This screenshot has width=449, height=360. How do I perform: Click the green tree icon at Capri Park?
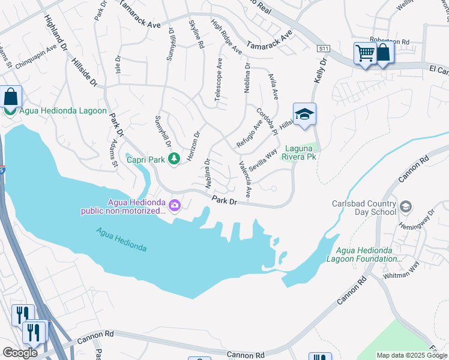click(x=174, y=159)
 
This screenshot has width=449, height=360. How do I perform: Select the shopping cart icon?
click(x=365, y=53)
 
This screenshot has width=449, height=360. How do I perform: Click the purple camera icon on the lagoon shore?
click(x=175, y=206)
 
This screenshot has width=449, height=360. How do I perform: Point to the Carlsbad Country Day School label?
click(x=364, y=208)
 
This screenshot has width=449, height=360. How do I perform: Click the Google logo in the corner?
click(x=20, y=353)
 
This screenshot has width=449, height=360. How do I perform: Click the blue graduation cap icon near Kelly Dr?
click(x=304, y=114)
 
